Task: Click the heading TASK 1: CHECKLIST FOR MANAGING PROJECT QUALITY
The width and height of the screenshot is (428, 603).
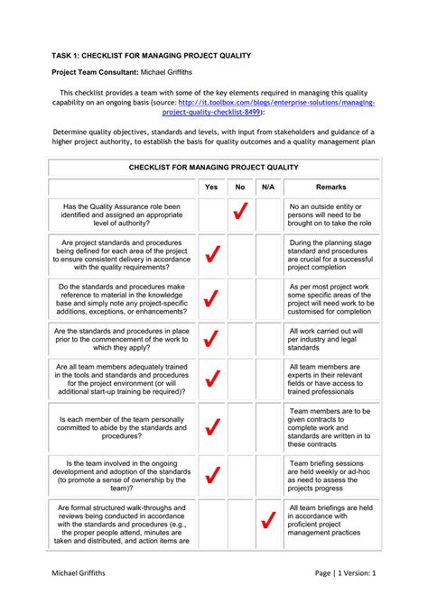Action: pyautogui.click(x=151, y=56)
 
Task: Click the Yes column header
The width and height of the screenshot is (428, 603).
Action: pyautogui.click(x=211, y=187)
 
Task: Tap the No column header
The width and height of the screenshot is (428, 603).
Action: pyautogui.click(x=239, y=187)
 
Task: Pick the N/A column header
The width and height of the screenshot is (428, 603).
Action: pyautogui.click(x=267, y=187)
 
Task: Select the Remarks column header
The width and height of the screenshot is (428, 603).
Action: pyautogui.click(x=330, y=187)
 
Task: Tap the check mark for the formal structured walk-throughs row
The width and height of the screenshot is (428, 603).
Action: pyautogui.click(x=267, y=521)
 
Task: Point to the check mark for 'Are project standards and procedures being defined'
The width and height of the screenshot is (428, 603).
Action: pyautogui.click(x=212, y=255)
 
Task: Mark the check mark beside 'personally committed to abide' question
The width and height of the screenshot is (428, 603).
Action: pyautogui.click(x=212, y=427)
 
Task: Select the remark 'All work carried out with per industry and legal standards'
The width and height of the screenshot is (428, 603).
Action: pyautogui.click(x=327, y=338)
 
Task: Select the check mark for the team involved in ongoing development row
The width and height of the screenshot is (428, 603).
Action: pyautogui.click(x=212, y=474)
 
